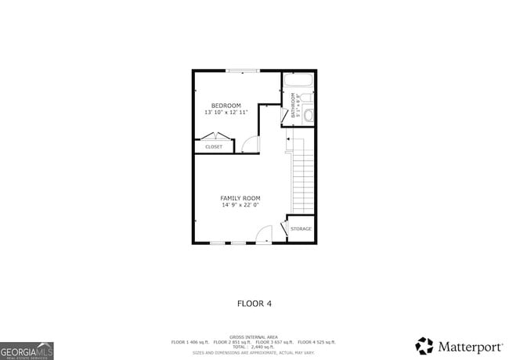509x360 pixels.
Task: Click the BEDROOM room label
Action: [x=226, y=106]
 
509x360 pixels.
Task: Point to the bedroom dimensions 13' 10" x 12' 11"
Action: [x=226, y=113]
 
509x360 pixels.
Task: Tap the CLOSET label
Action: [x=214, y=147]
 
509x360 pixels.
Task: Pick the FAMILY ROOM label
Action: [x=240, y=198]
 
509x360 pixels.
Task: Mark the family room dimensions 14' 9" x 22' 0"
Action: [x=240, y=205]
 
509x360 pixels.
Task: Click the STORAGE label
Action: [x=301, y=229]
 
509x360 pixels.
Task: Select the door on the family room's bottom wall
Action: [x=264, y=235]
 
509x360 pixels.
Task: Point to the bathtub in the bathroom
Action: [x=298, y=81]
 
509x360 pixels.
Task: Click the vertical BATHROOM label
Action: [x=294, y=105]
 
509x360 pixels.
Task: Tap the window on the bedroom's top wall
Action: [x=242, y=71]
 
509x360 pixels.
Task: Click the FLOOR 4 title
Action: [x=254, y=302]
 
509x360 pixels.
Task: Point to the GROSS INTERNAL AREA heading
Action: [x=254, y=337]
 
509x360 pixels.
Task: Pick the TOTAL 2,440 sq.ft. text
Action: [x=254, y=346]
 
